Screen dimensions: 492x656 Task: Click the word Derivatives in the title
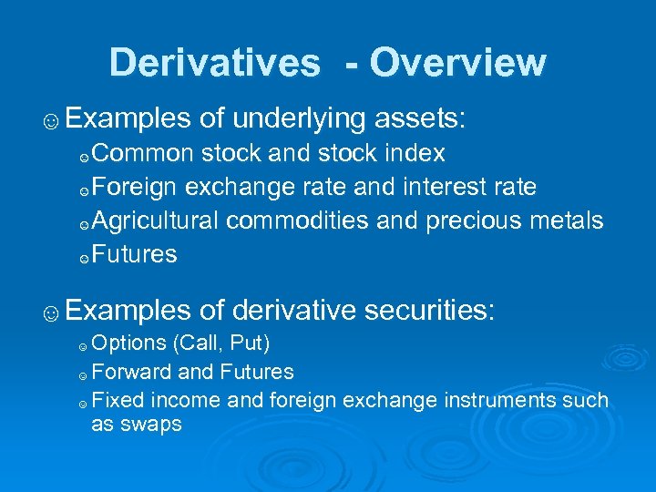click(214, 63)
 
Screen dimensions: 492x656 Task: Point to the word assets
click(419, 118)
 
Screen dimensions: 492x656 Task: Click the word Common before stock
click(142, 152)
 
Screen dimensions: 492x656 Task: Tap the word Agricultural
click(155, 220)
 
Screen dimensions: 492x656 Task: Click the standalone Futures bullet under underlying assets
click(134, 254)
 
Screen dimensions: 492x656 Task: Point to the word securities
click(427, 312)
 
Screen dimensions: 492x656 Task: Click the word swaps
click(137, 424)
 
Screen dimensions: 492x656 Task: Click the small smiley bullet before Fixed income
click(82, 402)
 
